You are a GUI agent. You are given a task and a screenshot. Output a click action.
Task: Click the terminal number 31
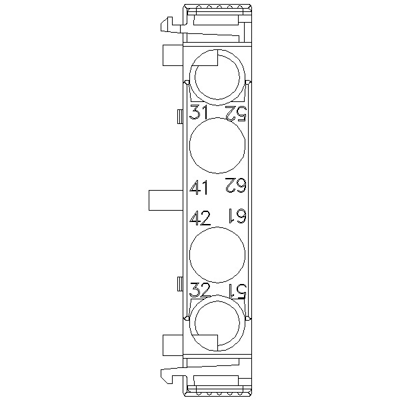pos(199,112)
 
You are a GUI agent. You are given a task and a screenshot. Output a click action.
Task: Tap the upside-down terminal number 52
pos(236,113)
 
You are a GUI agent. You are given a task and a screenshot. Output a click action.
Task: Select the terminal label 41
pos(199,187)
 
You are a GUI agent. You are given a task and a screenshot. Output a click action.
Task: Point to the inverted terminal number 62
pos(236,185)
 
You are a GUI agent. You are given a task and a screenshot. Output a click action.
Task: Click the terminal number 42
pos(200,218)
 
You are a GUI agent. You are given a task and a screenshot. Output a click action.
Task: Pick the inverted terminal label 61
pos(237,215)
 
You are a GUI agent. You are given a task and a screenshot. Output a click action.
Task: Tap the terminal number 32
pos(200,289)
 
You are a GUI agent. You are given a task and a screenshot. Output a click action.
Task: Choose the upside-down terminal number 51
pos(237,291)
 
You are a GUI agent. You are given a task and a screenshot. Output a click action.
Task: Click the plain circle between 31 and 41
pos(217,145)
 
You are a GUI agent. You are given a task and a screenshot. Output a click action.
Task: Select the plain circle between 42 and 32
pos(217,255)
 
